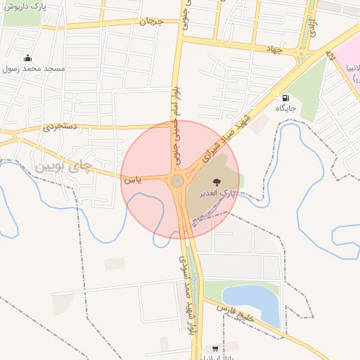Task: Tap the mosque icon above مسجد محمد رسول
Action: pos(27,58)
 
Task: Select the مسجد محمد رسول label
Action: pos(34,69)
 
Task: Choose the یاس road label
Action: pos(134,180)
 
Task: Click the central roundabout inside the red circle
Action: pos(177,181)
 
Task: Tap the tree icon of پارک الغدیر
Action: pos(216,183)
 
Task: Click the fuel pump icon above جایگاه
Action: pos(285,97)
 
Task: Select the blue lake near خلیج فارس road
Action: pos(250,301)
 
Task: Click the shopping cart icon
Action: pos(214,348)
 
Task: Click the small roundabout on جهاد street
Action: pos(302,53)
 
